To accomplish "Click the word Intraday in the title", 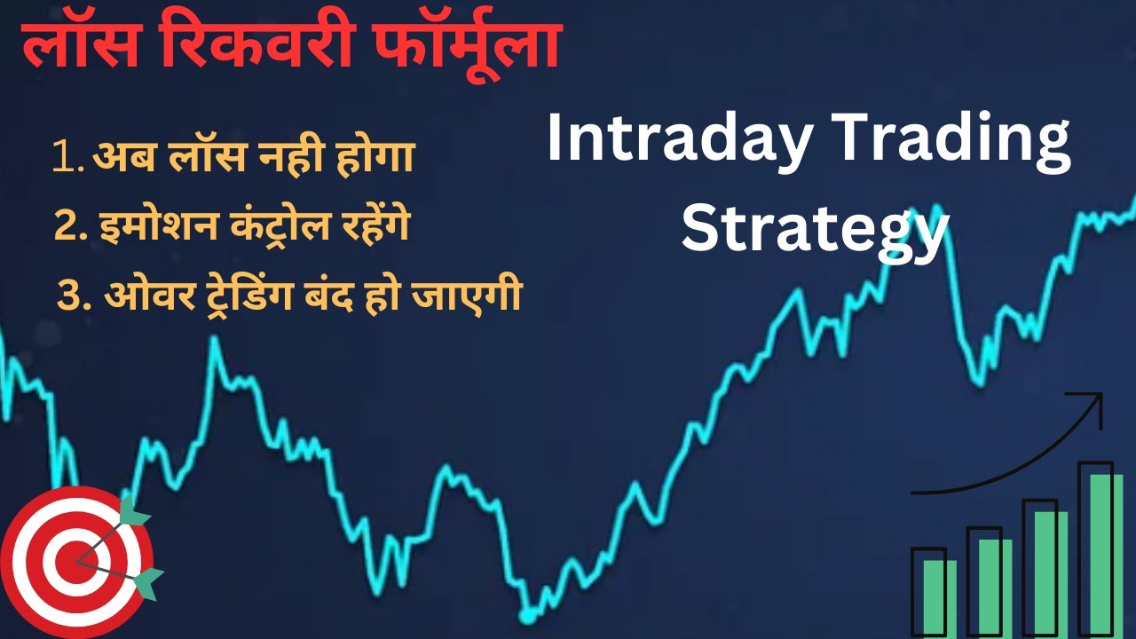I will coord(674,142).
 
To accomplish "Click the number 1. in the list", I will coord(70,158).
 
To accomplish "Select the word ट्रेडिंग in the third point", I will coord(288,296).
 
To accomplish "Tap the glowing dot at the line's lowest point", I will coord(529,613).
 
